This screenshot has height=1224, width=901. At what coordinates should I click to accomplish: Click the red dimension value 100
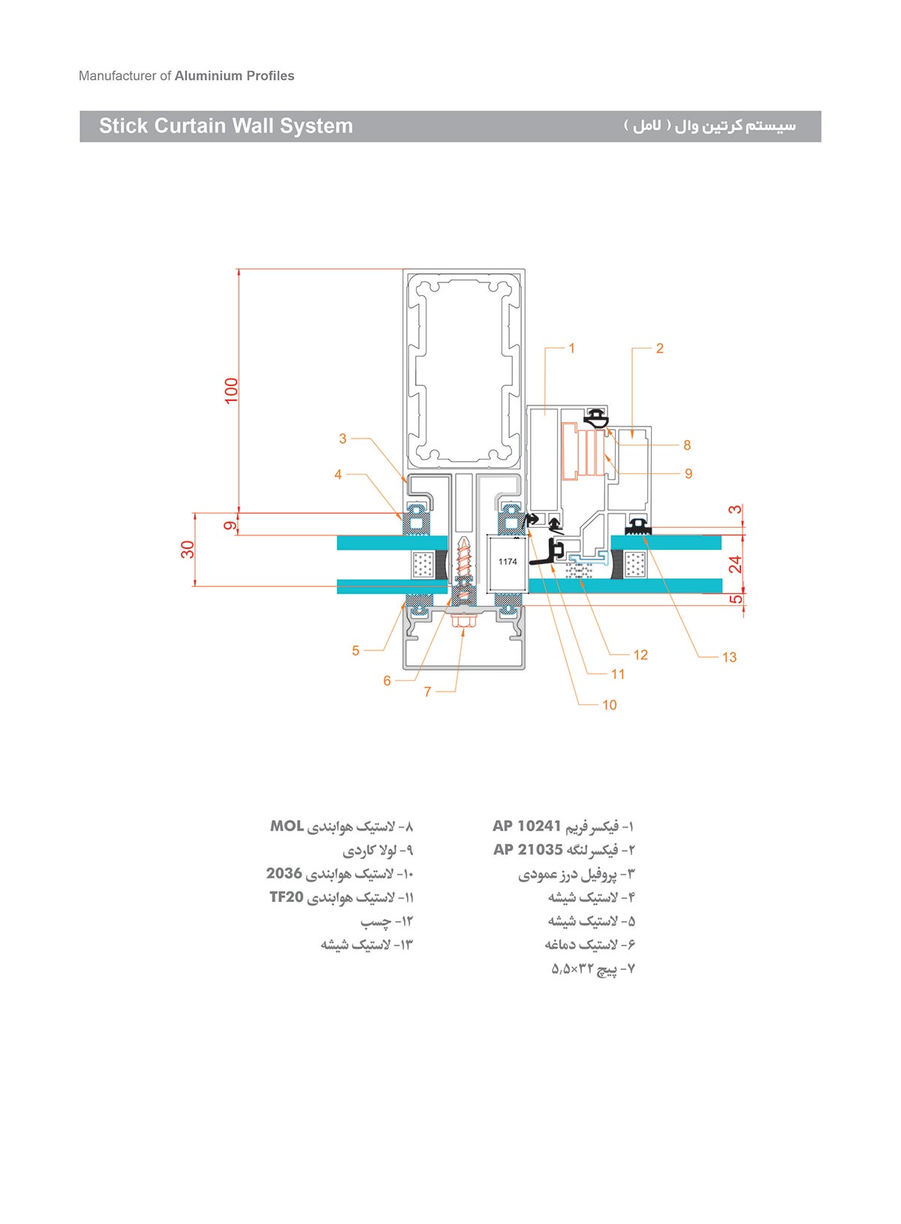point(231,390)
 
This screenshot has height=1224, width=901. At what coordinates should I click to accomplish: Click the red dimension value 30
point(188,550)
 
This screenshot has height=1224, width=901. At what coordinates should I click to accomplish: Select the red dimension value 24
point(735,564)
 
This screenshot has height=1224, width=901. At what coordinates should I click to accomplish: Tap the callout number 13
point(729,658)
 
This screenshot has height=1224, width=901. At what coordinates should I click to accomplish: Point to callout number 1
point(572,348)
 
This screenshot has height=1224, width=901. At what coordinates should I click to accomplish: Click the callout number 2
point(659,348)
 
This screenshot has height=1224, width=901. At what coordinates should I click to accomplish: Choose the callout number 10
point(609,705)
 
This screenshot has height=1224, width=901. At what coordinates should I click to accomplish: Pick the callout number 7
point(428,692)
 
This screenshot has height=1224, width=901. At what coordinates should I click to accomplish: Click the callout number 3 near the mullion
point(342,439)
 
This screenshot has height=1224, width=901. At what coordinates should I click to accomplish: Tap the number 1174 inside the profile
point(508,562)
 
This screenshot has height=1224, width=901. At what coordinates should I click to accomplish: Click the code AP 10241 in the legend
point(527,826)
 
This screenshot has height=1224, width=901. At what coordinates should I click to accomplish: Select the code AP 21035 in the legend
point(528,849)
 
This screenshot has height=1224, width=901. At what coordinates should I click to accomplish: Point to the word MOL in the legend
point(286,826)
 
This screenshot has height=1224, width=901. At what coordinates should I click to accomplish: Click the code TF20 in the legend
point(286,897)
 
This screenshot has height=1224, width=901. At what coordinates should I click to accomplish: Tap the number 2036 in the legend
point(284,873)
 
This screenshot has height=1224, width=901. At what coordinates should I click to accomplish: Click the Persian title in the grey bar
point(710,126)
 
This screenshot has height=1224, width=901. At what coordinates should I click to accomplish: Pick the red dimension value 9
point(230,526)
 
